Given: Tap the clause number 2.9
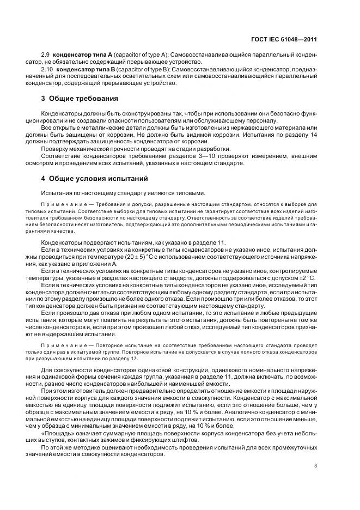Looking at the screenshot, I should click(47, 56).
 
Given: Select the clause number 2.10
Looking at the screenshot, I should click(48, 69).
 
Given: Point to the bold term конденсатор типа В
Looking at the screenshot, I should click(84, 69).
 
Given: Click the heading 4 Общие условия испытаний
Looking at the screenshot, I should click(92, 178).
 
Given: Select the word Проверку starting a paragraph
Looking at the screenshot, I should click(55, 149).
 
